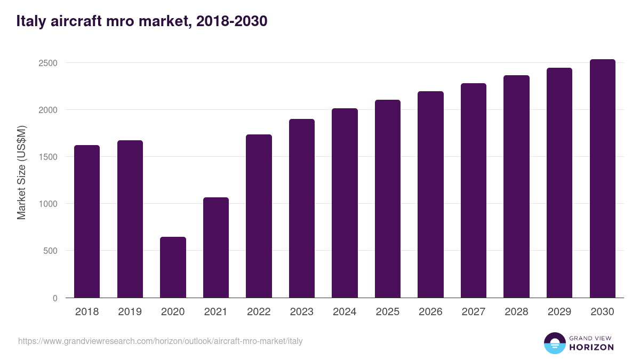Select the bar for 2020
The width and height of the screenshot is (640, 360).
click(173, 267)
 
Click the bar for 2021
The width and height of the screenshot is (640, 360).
click(216, 247)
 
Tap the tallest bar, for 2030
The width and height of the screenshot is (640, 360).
click(602, 179)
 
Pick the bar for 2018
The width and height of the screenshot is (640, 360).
click(87, 221)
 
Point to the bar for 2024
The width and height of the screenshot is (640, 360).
click(345, 203)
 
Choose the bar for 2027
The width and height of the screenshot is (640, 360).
click(474, 190)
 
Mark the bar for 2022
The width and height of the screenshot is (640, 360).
click(259, 216)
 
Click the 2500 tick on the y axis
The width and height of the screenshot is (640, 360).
click(48, 63)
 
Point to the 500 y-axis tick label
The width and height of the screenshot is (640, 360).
click(50, 251)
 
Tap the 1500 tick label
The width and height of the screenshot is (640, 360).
click(48, 157)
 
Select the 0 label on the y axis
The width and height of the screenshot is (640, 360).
click(55, 298)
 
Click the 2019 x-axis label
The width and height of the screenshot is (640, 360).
click(130, 312)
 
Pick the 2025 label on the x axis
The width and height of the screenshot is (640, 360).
click(388, 312)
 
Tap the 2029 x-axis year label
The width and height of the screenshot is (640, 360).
click(559, 312)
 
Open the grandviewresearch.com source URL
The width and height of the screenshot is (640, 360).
click(160, 341)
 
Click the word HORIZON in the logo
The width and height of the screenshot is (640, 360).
click(591, 347)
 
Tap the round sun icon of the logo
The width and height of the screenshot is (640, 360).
click(554, 343)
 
